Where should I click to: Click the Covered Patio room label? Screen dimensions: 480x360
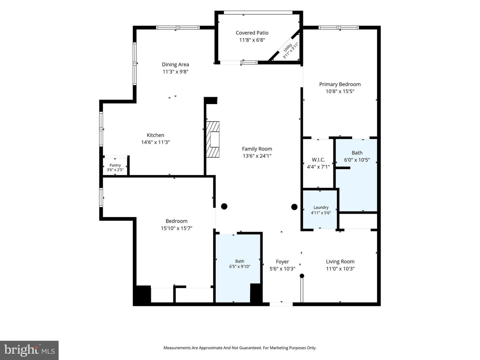point(252,33)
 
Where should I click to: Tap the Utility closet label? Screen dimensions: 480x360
point(288,48)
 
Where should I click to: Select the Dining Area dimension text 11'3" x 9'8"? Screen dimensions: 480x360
point(175,72)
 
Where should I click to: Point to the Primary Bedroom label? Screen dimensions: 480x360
point(340,84)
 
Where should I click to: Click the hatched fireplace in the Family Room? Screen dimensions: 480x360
point(213,139)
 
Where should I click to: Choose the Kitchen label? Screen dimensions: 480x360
point(155,135)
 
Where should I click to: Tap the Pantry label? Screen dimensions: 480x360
point(115,165)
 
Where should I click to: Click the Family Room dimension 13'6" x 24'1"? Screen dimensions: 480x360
point(257,156)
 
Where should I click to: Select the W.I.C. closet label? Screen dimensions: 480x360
point(318,160)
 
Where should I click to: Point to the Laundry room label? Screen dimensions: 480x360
point(321,207)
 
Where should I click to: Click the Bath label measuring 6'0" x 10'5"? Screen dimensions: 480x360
point(357,153)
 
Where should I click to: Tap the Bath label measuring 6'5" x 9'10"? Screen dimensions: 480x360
point(240,261)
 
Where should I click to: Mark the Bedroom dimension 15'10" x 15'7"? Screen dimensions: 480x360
point(176,228)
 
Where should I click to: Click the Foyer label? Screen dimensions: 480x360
point(282,262)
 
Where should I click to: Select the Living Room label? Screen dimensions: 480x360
point(340,261)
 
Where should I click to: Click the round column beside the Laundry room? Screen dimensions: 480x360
point(294,207)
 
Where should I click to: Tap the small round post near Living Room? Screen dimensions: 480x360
point(302,276)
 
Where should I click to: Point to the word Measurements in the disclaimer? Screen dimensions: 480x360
point(177,348)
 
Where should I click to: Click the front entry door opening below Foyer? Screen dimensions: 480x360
point(281,304)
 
